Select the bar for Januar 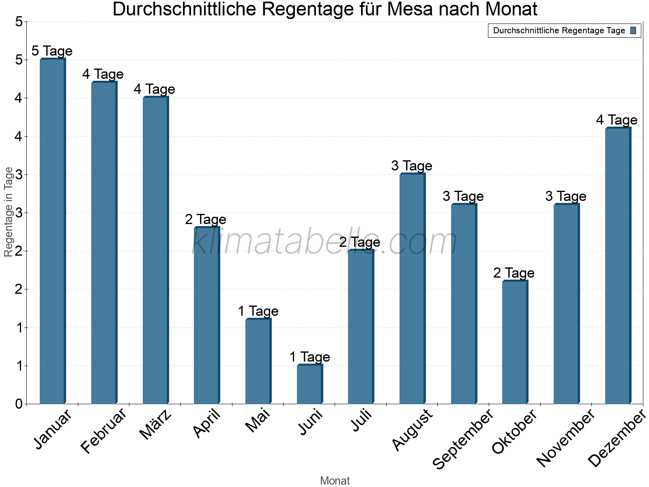pos(52,231)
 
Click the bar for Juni pos(309,384)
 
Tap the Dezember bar pos(618,266)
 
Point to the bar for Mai pos(258,361)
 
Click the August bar pos(412,289)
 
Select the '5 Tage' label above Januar pos(52,51)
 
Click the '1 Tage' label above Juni pos(309,357)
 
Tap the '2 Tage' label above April pos(206,220)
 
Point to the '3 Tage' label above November pos(566,196)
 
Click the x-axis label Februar pos(103,431)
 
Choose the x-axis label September pos(462,439)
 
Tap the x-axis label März pos(156,425)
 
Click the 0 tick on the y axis pos(19,404)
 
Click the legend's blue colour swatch pos(634,30)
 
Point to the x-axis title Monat pos(335,481)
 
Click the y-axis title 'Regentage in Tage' pos(9,212)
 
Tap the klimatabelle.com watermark pos(324,241)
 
